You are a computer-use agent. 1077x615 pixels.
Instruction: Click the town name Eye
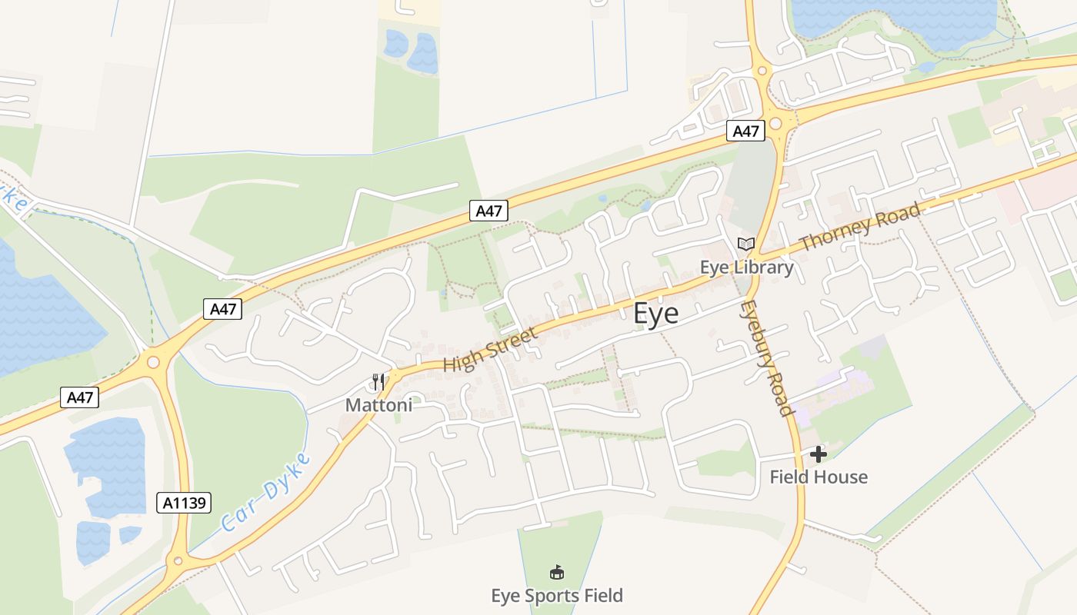coord(656,314)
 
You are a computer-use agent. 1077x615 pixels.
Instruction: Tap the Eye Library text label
coord(746,268)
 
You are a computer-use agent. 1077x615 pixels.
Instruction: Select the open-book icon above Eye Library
coord(745,244)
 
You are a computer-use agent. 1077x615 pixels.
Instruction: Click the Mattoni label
coord(378,404)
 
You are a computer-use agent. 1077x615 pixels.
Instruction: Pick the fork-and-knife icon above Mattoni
coord(378,381)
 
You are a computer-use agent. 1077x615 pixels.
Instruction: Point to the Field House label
coord(819,477)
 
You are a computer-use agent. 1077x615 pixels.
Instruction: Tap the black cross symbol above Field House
coord(819,454)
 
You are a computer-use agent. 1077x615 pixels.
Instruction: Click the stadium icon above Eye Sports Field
coord(557,573)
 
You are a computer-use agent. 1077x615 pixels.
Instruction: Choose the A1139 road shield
coord(184,503)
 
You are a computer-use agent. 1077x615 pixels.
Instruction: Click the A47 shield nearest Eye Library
coord(745,131)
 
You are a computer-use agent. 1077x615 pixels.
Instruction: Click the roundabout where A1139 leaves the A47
coord(152,361)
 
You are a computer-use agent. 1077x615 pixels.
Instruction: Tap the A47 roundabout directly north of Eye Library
coord(775,123)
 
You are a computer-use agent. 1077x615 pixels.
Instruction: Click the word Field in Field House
coord(791,477)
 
